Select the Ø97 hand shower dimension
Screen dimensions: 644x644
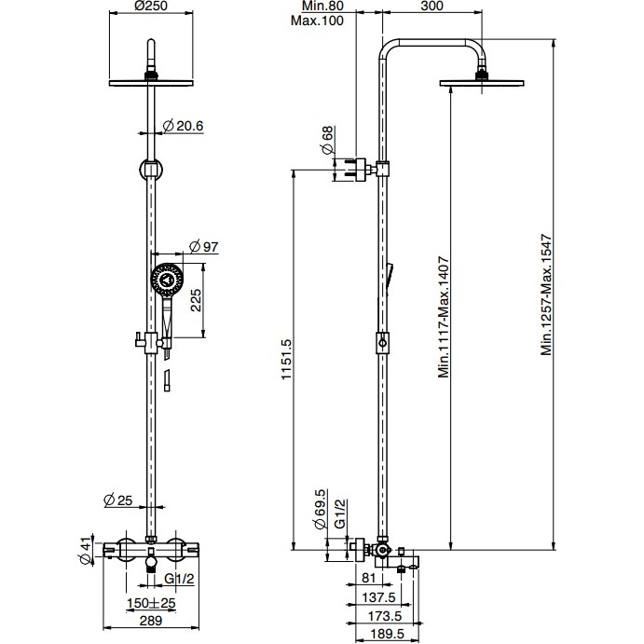point(202,246)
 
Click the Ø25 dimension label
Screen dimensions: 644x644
point(118,500)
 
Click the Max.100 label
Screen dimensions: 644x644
point(314,21)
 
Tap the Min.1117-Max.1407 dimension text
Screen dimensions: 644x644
point(445,318)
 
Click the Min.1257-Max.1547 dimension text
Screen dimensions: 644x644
point(549,294)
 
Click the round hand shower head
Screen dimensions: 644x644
point(167,277)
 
